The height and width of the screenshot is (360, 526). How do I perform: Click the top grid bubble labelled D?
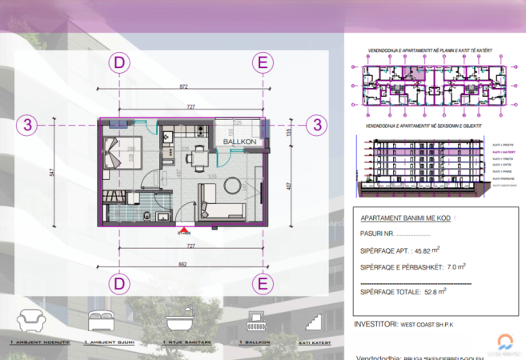coord(119,62)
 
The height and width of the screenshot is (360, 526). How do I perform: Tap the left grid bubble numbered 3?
coord(28,125)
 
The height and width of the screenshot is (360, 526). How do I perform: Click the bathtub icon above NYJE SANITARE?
coord(180,322)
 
